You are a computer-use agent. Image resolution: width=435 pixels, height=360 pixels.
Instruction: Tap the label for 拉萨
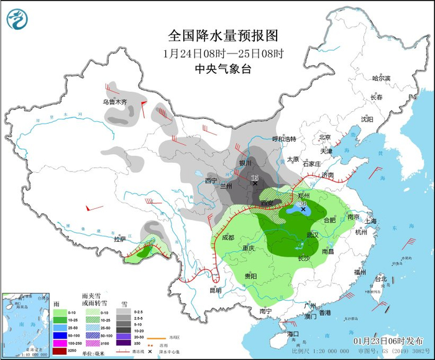[x=120, y=238]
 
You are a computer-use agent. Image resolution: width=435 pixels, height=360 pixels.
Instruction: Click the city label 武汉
[x=312, y=234]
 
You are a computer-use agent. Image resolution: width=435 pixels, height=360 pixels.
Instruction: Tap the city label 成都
[x=227, y=237]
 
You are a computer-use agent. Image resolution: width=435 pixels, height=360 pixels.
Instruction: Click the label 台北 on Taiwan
[x=379, y=279]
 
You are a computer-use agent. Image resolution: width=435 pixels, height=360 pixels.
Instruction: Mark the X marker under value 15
[x=255, y=183]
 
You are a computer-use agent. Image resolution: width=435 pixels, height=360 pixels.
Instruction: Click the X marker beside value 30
[x=303, y=210]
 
